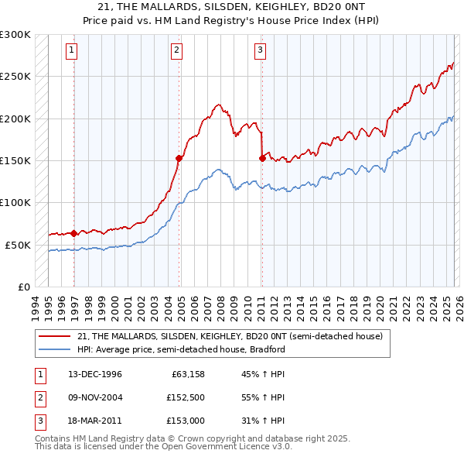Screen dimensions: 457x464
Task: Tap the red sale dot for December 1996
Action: tap(74, 233)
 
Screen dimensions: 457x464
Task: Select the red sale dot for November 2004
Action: tap(179, 158)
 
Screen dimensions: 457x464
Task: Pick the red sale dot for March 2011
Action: tap(262, 158)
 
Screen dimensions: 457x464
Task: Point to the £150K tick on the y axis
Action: tap(16, 160)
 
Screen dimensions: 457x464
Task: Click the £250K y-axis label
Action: tap(16, 77)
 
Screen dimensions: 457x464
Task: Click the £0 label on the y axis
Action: tap(23, 287)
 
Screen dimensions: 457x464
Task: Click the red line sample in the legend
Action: tap(56, 337)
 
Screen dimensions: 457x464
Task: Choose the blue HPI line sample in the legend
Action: tap(56, 349)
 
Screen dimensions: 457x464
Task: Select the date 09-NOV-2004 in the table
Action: tap(94, 397)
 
